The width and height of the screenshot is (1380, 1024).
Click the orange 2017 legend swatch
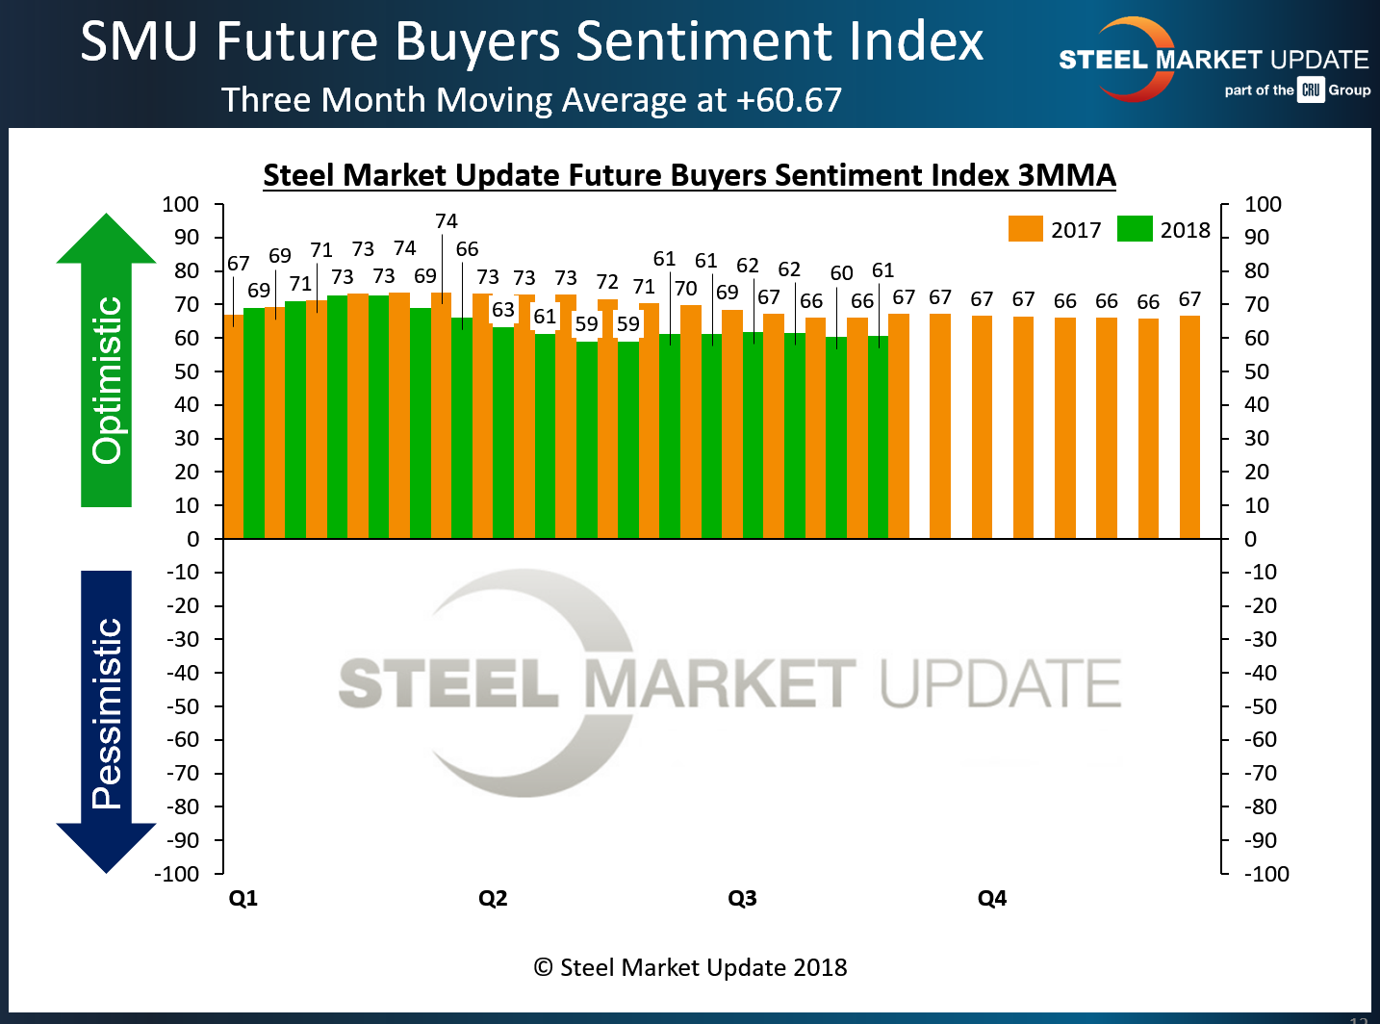pos(1025,229)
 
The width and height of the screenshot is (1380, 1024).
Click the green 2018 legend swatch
pos(1135,229)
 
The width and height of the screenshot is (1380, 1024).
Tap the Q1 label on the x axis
pos(243,898)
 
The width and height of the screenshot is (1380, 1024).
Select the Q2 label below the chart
pos(493,898)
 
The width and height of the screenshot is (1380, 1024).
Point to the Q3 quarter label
pos(742,898)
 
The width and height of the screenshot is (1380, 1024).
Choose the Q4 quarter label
pos(992,898)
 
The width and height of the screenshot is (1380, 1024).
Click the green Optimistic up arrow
pos(106,361)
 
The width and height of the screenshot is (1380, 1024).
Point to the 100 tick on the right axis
pos(1263,204)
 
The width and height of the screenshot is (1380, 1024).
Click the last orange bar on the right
pos(1189,426)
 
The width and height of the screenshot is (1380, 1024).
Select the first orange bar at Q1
pos(233,426)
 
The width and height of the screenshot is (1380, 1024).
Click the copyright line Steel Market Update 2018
pos(690,967)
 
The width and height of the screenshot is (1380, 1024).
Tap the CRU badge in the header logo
pos(1311,90)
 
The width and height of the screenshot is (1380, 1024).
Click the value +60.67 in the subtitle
pos(789,100)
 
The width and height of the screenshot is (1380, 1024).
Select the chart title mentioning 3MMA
pos(689,175)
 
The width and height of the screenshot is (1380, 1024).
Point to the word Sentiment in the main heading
pos(704,42)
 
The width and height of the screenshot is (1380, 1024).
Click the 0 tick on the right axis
pos(1250,539)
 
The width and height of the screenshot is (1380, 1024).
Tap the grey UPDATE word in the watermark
pos(1000,683)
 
